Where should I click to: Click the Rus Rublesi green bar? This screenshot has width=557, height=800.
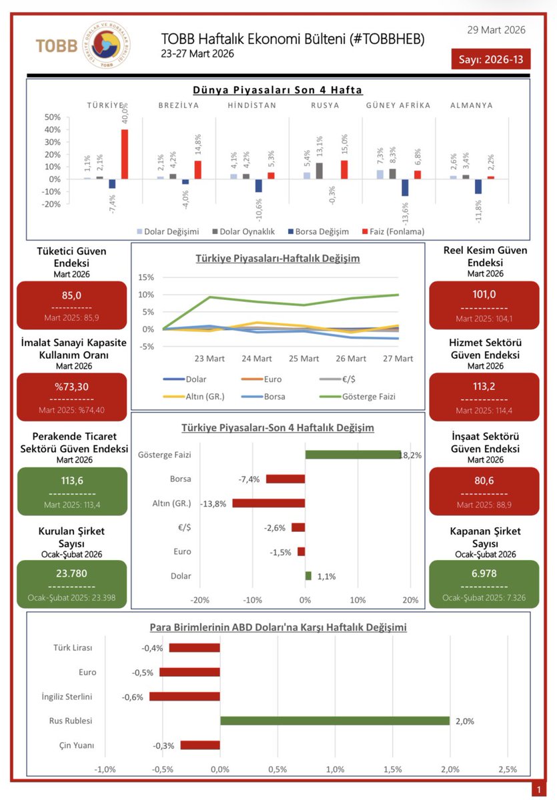[x=335, y=721]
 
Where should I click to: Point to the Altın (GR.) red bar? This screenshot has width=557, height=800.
[x=268, y=503]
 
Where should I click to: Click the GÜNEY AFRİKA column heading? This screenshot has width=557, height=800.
[x=398, y=105]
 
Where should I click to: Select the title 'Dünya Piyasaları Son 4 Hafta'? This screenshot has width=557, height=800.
[x=277, y=89]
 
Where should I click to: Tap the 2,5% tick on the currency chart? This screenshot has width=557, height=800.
[x=508, y=769]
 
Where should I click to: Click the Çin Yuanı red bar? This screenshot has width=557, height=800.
[x=199, y=745]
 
